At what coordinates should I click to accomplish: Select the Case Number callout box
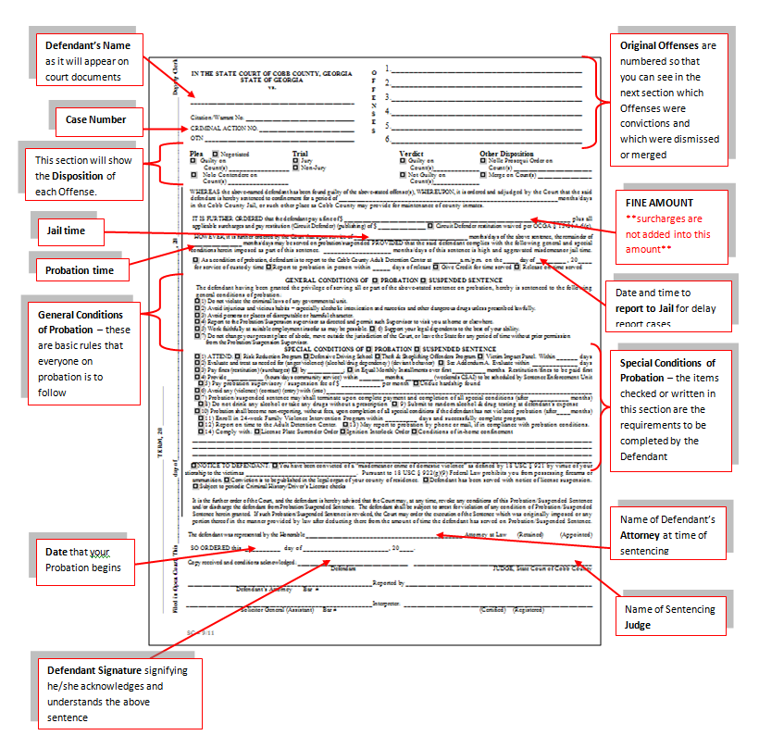pyautogui.click(x=96, y=119)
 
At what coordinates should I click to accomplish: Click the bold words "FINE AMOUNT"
pyautogui.click(x=659, y=202)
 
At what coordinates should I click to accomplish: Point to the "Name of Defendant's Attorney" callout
pyautogui.click(x=668, y=531)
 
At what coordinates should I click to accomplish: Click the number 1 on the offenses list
pyautogui.click(x=389, y=69)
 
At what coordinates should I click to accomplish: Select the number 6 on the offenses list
pyautogui.click(x=389, y=138)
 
